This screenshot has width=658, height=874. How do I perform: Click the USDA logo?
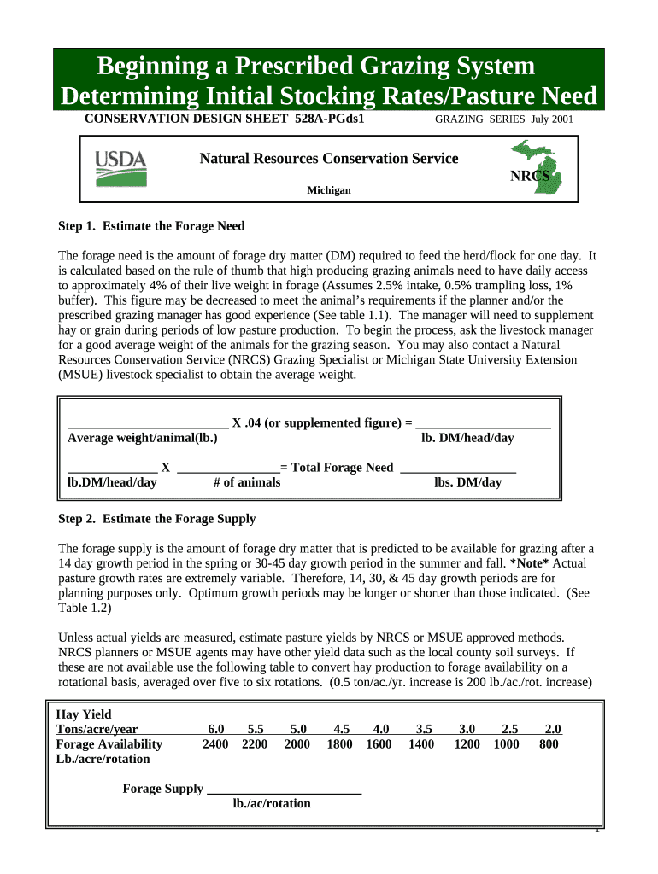coord(120,168)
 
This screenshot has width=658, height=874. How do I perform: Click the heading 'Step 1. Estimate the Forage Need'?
coord(151,226)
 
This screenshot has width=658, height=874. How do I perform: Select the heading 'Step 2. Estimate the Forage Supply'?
coord(156,519)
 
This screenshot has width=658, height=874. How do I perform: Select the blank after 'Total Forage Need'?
coord(458,467)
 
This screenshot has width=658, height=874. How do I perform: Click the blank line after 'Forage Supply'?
coord(285,790)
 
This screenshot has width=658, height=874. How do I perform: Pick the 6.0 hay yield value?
coord(215,729)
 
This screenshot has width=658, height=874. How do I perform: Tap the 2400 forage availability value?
coord(215,744)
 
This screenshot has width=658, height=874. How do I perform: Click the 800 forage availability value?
coord(549,744)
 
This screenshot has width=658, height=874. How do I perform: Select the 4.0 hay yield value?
coord(381,729)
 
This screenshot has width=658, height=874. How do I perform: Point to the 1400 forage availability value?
coord(421,744)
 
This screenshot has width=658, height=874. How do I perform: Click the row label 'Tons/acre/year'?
coord(97,729)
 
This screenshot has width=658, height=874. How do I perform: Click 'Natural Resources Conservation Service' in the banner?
coord(329,159)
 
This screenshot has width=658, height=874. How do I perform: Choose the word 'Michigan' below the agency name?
coord(329,190)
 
